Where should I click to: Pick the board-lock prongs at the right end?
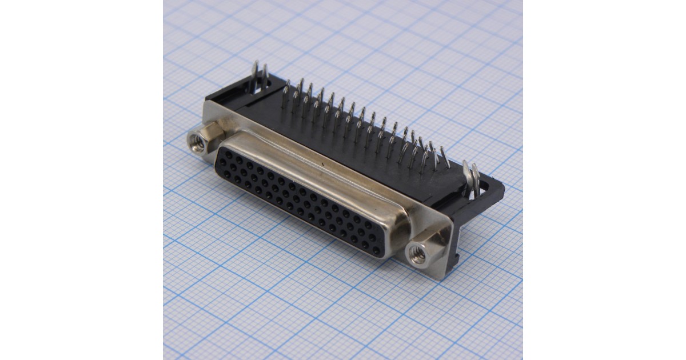pyautogui.click(x=471, y=178)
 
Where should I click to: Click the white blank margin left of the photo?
pyautogui.click(x=80, y=180)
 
